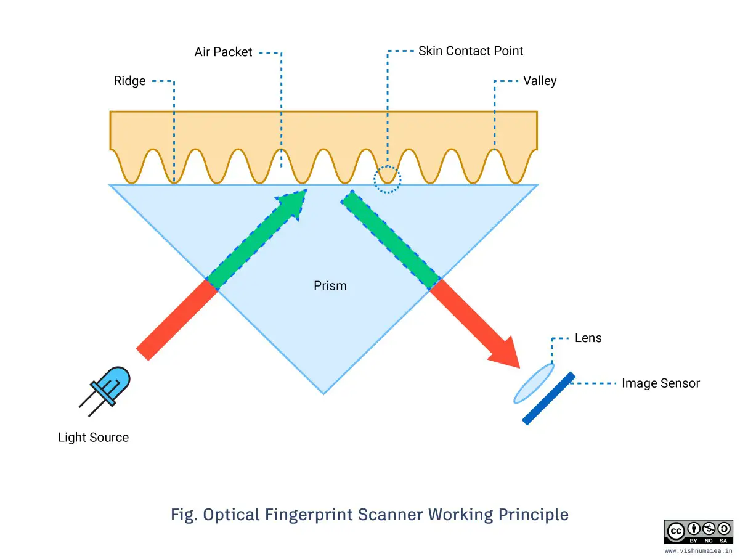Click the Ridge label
130,81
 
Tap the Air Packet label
223,52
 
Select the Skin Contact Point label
471,51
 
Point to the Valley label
540,81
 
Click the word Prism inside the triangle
330,286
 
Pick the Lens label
588,338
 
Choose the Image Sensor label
661,383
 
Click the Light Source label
93,438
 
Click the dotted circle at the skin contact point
387,179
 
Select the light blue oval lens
534,383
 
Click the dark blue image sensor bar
549,398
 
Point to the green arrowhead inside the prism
292,204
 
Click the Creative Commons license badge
698,532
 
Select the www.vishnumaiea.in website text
698,551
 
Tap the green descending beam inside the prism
391,240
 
